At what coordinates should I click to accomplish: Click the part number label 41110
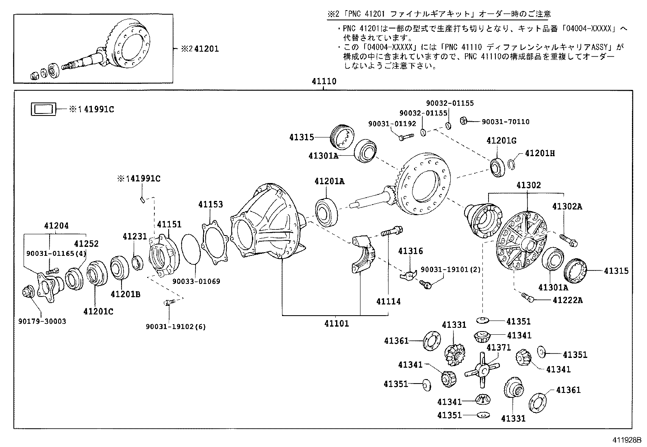tap(324, 81)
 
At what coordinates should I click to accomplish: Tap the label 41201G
tap(501, 141)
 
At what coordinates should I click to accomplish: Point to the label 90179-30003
tap(42, 321)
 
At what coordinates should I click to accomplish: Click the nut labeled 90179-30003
tap(28, 292)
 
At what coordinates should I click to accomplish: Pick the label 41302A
tap(567, 207)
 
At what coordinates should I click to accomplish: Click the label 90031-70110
tap(506, 122)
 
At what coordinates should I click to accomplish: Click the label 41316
tap(410, 251)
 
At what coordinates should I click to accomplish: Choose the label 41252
tap(86, 244)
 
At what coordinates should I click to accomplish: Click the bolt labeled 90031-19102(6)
tap(169, 303)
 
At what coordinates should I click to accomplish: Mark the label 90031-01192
tap(386, 123)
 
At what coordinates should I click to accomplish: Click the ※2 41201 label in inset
tap(200, 49)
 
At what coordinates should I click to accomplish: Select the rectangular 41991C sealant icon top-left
tap(43, 109)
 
